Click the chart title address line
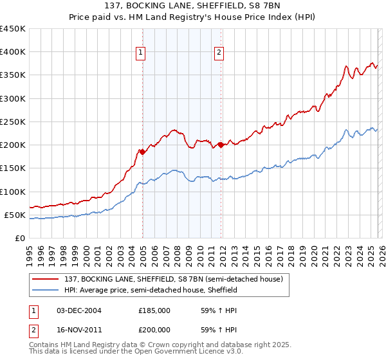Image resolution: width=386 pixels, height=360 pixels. [193, 6]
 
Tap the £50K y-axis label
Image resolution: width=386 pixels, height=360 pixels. [15, 215]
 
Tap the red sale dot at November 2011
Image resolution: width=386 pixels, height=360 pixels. [221, 145]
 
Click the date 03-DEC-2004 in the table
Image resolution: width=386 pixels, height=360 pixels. [79, 310]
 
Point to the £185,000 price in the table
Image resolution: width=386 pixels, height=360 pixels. [154, 310]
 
